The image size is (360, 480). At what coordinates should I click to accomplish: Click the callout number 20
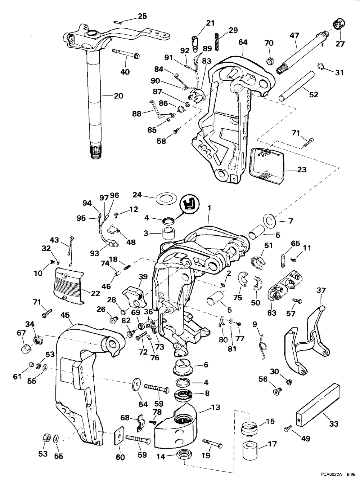(x=118, y=96)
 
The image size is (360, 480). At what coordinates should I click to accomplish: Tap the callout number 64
(x=243, y=42)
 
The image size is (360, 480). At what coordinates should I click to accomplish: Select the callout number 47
(x=294, y=35)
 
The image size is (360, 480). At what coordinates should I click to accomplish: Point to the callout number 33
(x=334, y=424)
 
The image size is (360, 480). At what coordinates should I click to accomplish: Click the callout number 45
(x=65, y=315)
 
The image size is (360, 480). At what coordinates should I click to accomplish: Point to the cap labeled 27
(x=339, y=25)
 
